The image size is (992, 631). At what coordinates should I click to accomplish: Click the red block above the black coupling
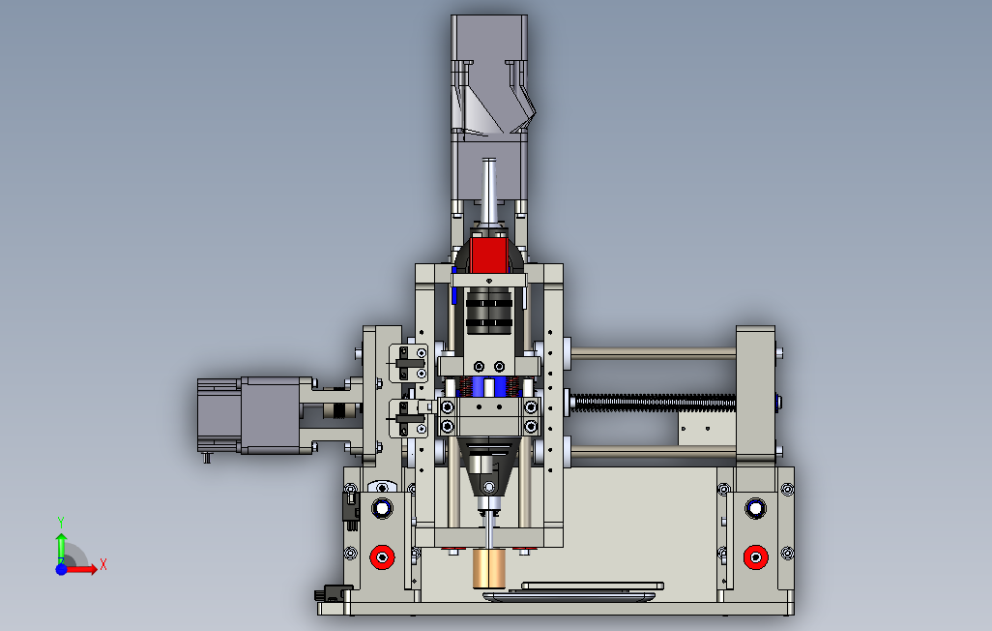489,255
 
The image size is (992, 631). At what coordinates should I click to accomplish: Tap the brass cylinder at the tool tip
489,568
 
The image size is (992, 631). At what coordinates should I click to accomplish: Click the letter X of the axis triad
103,564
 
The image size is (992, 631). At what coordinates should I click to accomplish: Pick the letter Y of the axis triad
61,523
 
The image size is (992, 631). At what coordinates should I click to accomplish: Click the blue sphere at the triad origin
61,569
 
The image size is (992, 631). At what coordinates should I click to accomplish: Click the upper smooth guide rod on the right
654,352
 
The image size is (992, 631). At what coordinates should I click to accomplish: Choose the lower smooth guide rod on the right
654,451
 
